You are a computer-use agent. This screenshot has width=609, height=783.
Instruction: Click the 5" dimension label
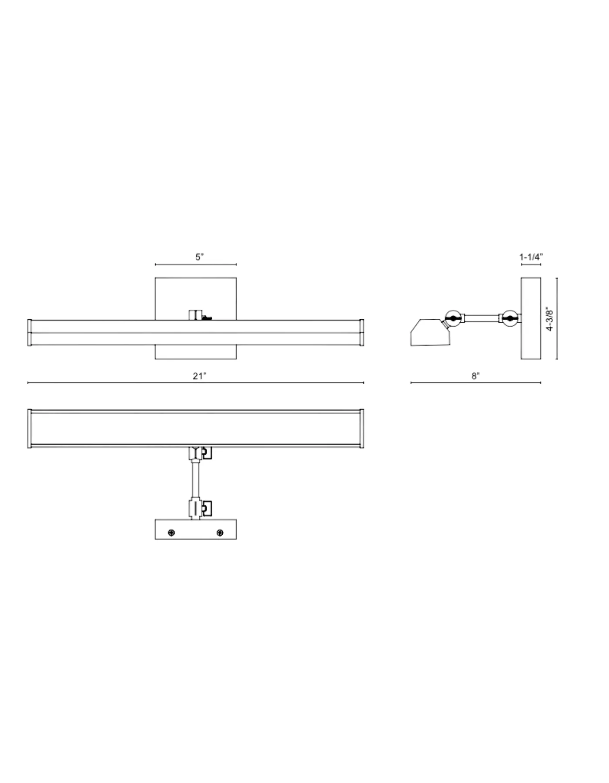[x=199, y=257]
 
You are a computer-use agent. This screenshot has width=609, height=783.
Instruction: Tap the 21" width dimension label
[x=199, y=376]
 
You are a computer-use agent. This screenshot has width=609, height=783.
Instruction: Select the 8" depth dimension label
[x=475, y=376]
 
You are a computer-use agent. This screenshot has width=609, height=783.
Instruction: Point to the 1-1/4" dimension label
[x=531, y=257]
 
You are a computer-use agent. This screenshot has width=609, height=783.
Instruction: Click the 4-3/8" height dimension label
[x=550, y=318]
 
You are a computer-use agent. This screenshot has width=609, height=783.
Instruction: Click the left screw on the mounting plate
[x=171, y=533]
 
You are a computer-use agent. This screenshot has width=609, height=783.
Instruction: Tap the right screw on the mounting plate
[x=220, y=533]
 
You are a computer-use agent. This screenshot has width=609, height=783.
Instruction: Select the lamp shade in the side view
[x=428, y=332]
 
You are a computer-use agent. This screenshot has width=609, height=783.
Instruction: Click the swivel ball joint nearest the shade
[x=453, y=318]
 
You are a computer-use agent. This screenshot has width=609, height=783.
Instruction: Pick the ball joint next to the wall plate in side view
[x=510, y=318]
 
